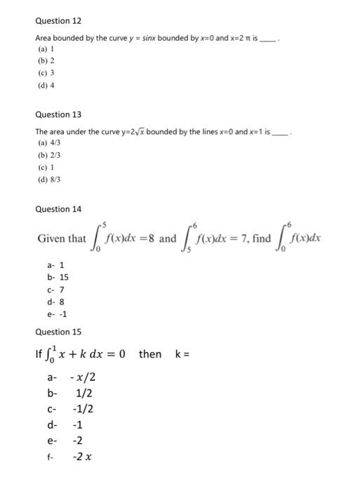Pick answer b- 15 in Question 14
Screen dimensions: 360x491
click(x=56, y=278)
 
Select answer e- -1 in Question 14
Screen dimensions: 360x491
click(x=56, y=314)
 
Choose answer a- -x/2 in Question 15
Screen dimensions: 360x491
click(x=71, y=377)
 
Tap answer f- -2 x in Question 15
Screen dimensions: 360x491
click(x=69, y=457)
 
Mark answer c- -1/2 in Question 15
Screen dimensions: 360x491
click(x=70, y=409)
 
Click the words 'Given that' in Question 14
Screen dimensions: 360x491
click(x=62, y=238)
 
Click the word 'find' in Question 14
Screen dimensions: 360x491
click(x=261, y=238)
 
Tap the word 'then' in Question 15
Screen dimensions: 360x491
click(x=149, y=354)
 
